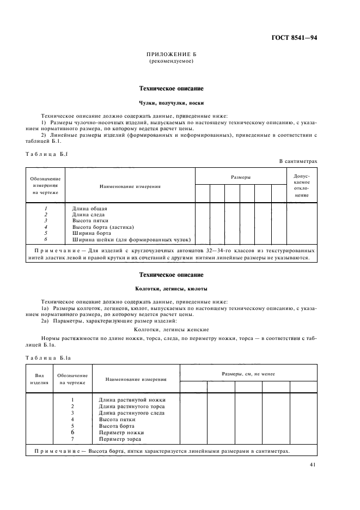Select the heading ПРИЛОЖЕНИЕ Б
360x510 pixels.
[171, 55]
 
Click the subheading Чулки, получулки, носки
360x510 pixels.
[171, 102]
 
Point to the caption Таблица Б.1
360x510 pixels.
[46, 154]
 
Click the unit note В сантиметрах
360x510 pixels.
[298, 161]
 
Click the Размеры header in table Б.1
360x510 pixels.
[241, 177]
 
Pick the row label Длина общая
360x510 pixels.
[90, 209]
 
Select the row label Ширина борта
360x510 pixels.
[91, 233]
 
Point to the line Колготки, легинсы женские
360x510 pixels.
[171, 330]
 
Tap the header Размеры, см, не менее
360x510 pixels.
[248, 374]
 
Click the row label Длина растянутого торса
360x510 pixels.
[131, 406]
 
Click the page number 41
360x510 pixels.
[313, 465]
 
